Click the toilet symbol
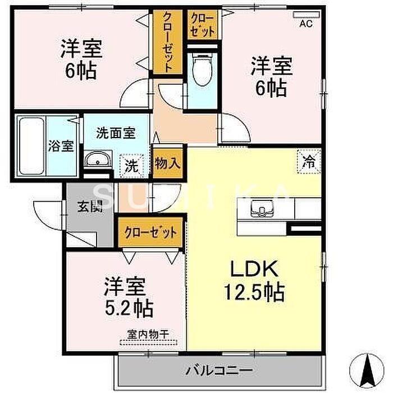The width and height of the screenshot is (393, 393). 203,69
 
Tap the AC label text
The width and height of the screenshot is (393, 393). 306,24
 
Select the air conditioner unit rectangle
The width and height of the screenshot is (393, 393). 307,15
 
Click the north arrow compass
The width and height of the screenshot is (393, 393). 367,369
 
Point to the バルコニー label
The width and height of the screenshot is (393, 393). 219,370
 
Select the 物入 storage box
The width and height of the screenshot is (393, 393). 167,164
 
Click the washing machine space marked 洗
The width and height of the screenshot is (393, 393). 131,166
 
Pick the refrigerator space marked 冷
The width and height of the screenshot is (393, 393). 309,161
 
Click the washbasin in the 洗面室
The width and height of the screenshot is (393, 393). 98,159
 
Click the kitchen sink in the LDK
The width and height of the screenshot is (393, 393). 262,208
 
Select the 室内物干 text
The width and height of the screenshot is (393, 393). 149,334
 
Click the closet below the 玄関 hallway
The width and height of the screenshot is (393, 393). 151,232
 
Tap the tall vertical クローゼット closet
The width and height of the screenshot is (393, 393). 168,42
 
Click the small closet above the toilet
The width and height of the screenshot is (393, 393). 203,25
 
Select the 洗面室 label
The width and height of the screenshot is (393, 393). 116,133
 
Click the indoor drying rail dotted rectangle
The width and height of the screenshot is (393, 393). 149,342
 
